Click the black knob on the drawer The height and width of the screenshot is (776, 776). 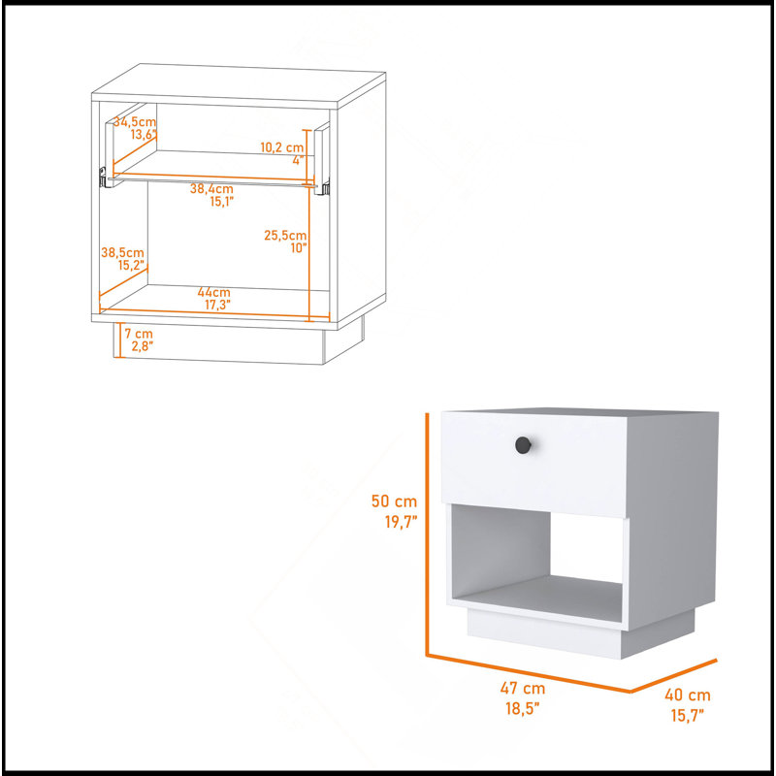pos(523,445)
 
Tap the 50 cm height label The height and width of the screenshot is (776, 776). pos(394,501)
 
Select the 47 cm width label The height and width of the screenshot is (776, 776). pos(522,688)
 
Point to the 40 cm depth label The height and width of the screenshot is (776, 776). pos(688,695)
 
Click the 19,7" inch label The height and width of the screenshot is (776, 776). pos(401,522)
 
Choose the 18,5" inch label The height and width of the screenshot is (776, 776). pos(522,708)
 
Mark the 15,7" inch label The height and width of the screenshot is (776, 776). pos(688,715)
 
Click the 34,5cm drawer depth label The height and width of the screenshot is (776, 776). pos(135,122)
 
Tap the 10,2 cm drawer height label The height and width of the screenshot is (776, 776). pos(281,147)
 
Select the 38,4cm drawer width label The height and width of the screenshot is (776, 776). pos(211,188)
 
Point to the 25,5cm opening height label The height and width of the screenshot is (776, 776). pos(285,235)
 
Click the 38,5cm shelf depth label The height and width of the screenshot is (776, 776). pos(122,252)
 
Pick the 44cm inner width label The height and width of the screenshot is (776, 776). pos(213,292)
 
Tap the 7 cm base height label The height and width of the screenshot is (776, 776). pos(139,334)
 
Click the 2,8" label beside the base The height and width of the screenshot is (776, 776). pos(142,346)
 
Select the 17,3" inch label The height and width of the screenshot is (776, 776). pos(217,305)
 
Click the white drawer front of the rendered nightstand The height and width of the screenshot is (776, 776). pos(534,465)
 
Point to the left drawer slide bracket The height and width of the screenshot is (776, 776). pos(103,178)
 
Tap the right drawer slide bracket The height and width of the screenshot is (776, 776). pos(326,187)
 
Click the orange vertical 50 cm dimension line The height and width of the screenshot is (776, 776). pos(427,534)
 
